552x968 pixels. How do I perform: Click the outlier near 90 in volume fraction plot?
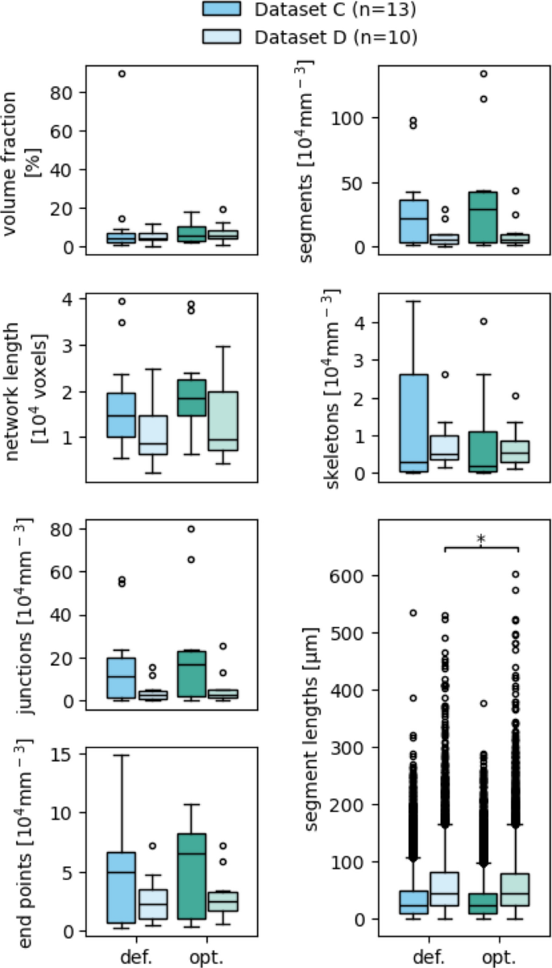pos(121,73)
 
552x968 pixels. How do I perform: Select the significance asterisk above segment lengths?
pos(481,539)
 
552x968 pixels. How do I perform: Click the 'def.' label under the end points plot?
pos(134,956)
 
